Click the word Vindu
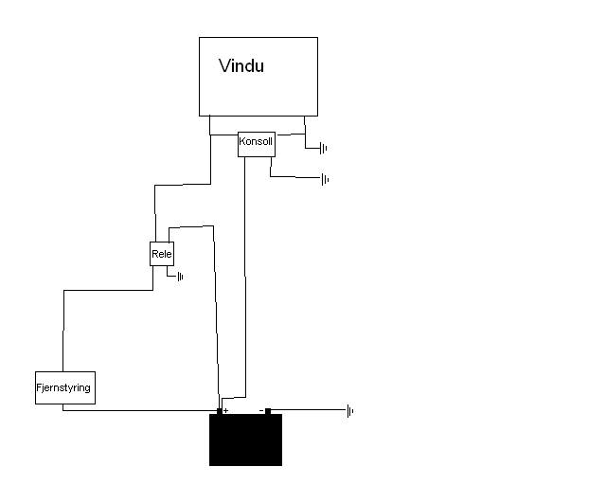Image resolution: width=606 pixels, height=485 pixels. pos(241,65)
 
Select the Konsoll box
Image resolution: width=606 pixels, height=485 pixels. pos(257,144)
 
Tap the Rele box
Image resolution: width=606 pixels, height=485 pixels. pos(162,254)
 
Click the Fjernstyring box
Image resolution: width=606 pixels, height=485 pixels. pos(65,388)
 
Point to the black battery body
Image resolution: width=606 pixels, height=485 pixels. pos(246,440)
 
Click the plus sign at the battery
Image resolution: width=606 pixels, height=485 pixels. pos(226,410)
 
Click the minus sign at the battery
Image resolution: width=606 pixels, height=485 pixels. pos(261,410)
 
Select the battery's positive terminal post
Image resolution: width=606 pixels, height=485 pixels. pos(220,411)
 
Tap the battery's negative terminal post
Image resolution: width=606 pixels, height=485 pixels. pos(268,411)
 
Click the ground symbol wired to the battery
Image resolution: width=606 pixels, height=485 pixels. pos(350,411)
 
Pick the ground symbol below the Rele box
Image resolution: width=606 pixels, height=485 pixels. pos(180,277)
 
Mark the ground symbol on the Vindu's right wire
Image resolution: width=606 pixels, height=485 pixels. pos(324,148)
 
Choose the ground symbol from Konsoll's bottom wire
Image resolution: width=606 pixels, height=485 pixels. pos(325,179)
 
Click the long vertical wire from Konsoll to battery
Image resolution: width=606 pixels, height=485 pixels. pos(245,277)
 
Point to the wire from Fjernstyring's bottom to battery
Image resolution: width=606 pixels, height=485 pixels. pos(140,410)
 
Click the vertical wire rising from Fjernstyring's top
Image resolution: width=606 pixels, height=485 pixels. pos(63,331)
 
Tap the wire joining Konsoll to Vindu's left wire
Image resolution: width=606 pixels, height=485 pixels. pos(224,135)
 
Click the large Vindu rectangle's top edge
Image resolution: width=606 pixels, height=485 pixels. pos(258,38)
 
